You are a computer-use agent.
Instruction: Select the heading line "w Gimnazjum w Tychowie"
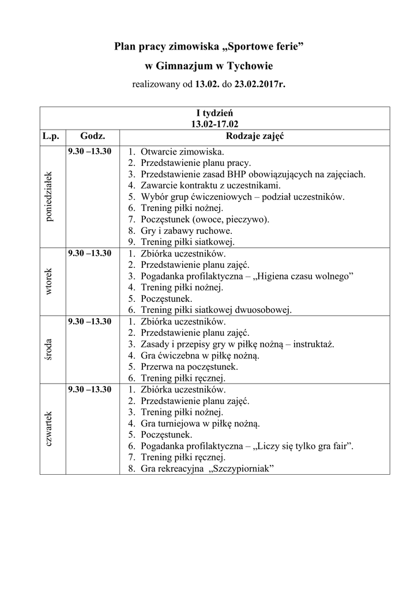(x=209, y=66)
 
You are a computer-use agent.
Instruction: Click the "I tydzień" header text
(x=215, y=113)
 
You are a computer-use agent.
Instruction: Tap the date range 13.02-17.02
(x=215, y=123)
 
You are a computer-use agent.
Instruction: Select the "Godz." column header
(x=92, y=137)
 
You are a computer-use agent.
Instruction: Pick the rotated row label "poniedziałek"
(x=50, y=197)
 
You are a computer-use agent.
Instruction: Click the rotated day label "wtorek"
(x=50, y=281)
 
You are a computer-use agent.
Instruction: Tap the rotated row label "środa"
(x=50, y=349)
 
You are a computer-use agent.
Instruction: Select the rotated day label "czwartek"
(x=50, y=429)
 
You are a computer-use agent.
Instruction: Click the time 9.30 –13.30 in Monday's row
(x=90, y=151)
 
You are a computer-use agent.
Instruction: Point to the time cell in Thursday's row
(x=90, y=389)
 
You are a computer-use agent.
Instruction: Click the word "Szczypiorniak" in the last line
(x=242, y=469)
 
